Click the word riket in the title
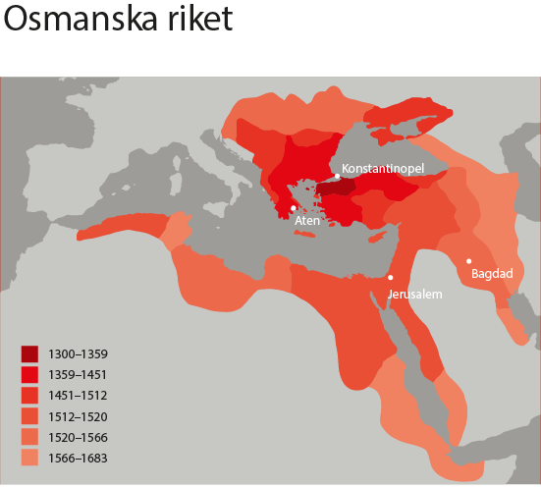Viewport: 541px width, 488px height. (201, 22)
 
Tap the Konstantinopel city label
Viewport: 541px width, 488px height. (382, 168)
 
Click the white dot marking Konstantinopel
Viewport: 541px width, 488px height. (337, 176)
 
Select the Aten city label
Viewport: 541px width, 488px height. (307, 221)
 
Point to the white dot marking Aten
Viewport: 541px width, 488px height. (294, 208)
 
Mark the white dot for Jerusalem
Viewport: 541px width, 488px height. (390, 278)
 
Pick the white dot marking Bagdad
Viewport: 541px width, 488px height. (469, 260)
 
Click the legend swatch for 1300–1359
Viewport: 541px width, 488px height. (31, 353)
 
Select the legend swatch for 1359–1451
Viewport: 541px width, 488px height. (31, 374)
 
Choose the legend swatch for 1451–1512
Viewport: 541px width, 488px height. (31, 395)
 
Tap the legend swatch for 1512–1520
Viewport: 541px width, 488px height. (31, 416)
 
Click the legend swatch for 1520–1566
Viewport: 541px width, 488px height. (31, 437)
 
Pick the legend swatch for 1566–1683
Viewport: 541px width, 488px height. (31, 458)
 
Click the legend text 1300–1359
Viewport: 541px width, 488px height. (81, 353)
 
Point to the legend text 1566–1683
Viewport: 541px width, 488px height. (81, 458)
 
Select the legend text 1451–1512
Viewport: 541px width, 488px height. (81, 395)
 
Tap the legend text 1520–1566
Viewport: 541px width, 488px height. (81, 437)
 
